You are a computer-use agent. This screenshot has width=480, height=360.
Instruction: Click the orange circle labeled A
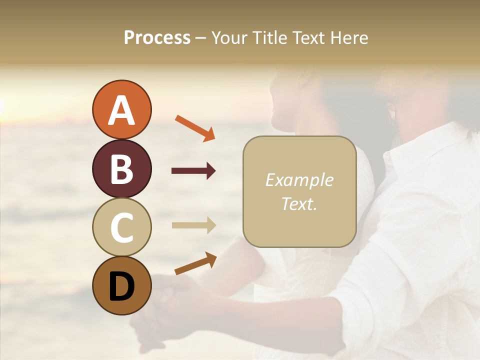tap(121, 109)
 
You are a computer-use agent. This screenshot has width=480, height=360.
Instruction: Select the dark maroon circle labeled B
tap(121, 168)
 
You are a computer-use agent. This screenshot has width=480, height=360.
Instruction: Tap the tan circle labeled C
tap(121, 227)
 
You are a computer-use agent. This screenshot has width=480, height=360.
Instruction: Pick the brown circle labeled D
tap(121, 285)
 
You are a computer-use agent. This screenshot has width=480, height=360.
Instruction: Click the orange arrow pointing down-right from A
tap(195, 127)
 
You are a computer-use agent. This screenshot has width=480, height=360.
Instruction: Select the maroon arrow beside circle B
tap(193, 171)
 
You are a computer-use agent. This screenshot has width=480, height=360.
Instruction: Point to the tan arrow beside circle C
tap(193, 225)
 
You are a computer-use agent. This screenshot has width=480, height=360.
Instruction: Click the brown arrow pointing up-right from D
tap(195, 263)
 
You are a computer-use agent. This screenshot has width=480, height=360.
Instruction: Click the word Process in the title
tap(157, 38)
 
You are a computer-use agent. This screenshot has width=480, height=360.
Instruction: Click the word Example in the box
tap(299, 180)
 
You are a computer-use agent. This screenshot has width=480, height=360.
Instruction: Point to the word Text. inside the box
tap(299, 203)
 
